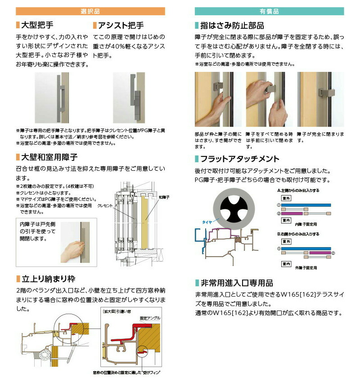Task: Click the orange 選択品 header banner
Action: (90, 11)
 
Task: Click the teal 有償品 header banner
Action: (270, 11)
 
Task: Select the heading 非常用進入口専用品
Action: (237, 283)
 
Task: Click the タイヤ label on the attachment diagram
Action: (207, 222)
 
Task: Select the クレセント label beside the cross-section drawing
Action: (105, 205)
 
